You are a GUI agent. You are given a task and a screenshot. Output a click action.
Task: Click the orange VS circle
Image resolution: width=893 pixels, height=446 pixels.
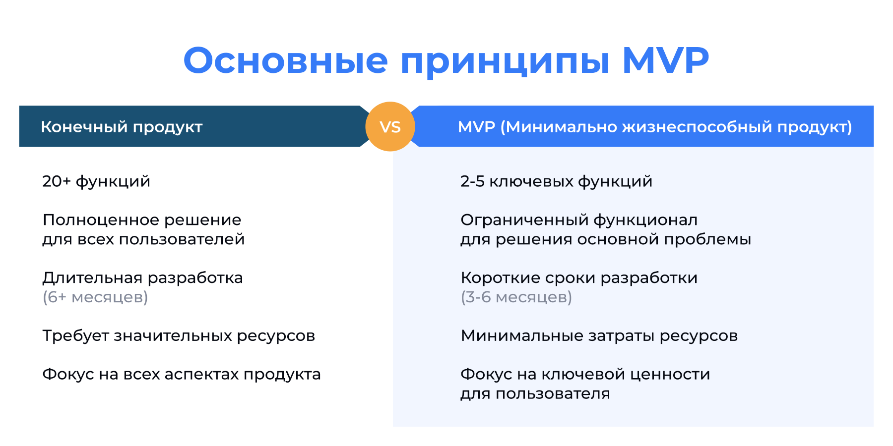(390, 126)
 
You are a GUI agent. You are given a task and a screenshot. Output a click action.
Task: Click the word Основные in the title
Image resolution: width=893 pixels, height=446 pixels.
(285, 61)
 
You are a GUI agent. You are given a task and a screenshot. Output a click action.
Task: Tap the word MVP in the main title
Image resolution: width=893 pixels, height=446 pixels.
(665, 61)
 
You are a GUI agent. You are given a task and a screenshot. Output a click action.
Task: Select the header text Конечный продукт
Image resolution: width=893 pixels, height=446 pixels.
(122, 127)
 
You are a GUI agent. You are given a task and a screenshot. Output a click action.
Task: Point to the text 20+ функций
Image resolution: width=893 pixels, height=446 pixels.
(96, 181)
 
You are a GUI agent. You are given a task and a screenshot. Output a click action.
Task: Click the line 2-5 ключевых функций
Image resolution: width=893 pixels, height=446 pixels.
(556, 181)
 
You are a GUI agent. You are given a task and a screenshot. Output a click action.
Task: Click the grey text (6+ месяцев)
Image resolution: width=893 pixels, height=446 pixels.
(95, 297)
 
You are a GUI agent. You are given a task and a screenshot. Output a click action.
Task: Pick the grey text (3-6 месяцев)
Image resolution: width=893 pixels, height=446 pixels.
(516, 297)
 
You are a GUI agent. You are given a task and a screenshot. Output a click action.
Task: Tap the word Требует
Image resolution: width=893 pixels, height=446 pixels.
(75, 336)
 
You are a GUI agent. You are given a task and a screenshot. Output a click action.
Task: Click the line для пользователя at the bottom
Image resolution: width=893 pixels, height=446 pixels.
(535, 394)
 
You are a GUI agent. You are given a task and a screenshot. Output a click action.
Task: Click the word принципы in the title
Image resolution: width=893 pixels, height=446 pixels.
(505, 61)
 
